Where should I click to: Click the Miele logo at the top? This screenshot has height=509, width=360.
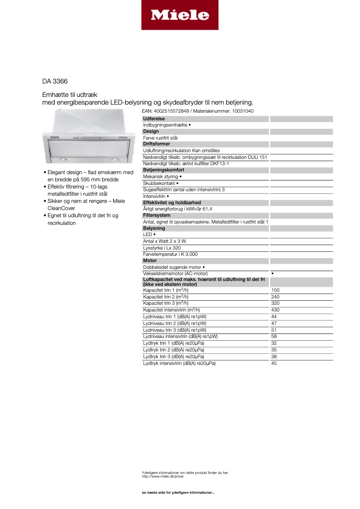[180, 15]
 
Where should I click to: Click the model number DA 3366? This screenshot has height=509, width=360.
[55, 82]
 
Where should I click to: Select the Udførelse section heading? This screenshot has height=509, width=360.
[154, 118]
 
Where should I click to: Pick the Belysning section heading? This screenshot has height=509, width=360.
[154, 228]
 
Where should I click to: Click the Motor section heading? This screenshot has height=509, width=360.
[149, 260]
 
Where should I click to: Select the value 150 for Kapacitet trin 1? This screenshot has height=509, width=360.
[275, 290]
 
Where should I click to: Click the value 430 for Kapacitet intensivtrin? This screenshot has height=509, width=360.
[275, 310]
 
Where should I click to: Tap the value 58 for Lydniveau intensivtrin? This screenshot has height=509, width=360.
[274, 337]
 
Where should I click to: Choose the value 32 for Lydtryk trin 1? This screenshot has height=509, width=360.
[274, 343]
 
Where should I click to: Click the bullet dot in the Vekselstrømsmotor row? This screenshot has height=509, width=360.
[273, 273]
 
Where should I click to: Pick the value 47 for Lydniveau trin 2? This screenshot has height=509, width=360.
[274, 323]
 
